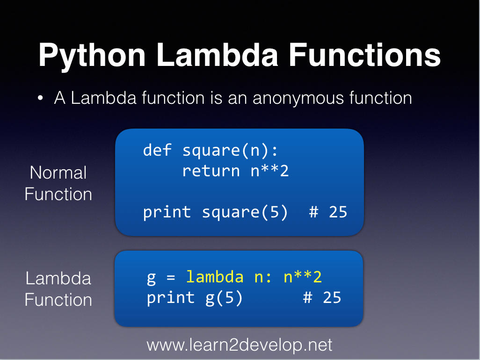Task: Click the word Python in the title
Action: [92, 55]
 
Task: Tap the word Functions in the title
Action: [365, 55]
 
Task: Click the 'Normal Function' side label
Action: [58, 183]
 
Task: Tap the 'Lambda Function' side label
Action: [58, 289]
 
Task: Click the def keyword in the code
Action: [158, 150]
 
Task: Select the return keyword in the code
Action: [211, 171]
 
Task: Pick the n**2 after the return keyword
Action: [270, 171]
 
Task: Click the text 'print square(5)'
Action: [216, 212]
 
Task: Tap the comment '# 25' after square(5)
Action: [328, 212]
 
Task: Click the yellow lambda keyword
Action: [215, 277]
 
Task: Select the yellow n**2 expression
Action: [303, 277]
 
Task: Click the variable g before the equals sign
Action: [152, 278]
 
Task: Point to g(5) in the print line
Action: [224, 298]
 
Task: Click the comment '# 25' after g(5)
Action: [322, 298]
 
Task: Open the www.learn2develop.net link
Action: [240, 345]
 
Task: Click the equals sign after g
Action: [171, 277]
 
